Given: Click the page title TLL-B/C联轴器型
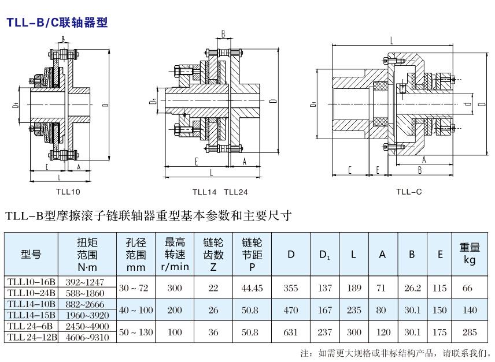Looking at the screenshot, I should tap(57, 23).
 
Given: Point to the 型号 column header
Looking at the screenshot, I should tap(31, 254).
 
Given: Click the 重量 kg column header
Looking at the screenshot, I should tap(470, 254).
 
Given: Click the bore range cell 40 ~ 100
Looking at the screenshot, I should tap(136, 310).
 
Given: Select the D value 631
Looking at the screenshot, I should tap(291, 332).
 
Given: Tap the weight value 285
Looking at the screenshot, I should tap(469, 332).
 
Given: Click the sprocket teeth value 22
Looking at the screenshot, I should tap(213, 288).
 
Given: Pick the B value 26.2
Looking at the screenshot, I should tap(412, 288).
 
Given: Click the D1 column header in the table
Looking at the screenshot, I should tap(325, 255).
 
